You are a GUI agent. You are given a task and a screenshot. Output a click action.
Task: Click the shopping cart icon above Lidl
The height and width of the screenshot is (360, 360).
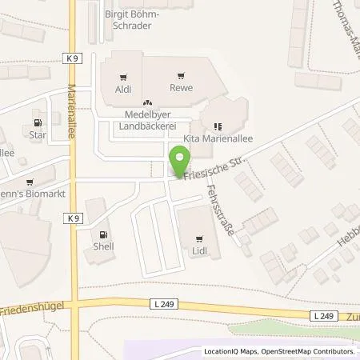(197, 238)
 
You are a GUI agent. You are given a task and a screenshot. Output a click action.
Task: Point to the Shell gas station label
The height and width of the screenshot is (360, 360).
(103, 246)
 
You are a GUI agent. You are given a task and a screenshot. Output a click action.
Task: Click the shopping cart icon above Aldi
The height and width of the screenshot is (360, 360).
(122, 78)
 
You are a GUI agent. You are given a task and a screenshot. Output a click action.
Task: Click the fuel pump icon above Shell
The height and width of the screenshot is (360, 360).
(103, 234)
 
